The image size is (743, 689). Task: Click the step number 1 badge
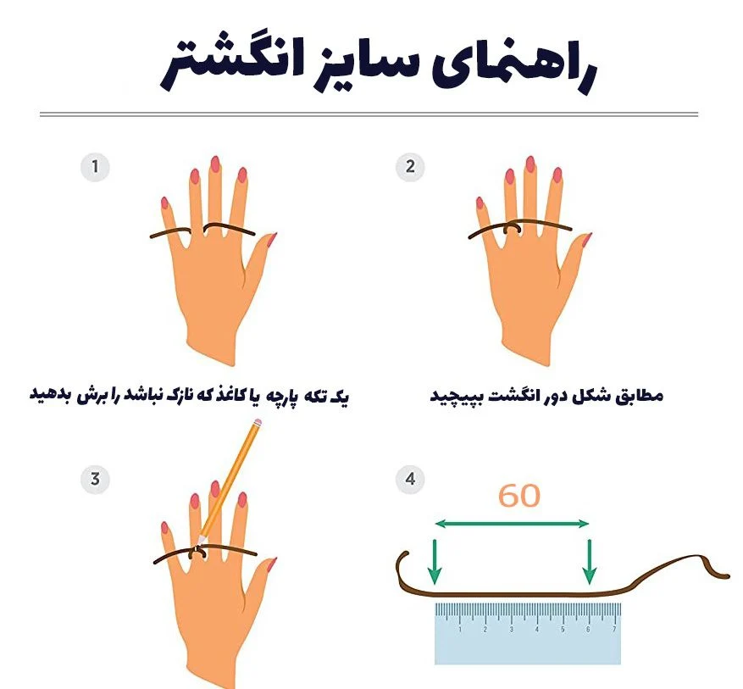pyautogui.click(x=95, y=167)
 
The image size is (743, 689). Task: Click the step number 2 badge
pyautogui.click(x=410, y=166)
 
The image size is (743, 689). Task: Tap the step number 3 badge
pyautogui.click(x=95, y=479)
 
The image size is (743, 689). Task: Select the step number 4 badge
pyautogui.click(x=410, y=479)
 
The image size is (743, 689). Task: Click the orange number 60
pyautogui.click(x=518, y=496)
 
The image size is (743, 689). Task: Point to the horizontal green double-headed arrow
pyautogui.click(x=512, y=524)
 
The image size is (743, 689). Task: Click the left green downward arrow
pyautogui.click(x=434, y=562)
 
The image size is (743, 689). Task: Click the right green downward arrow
pyautogui.click(x=590, y=562)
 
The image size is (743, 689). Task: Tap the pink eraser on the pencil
pyautogui.click(x=258, y=422)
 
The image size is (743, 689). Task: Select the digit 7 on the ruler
pyautogui.click(x=614, y=630)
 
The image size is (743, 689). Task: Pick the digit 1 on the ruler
pyautogui.click(x=460, y=630)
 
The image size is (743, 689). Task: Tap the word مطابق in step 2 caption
pyautogui.click(x=640, y=396)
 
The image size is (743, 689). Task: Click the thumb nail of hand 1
pyautogui.click(x=271, y=239)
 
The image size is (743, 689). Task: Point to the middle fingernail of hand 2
pyautogui.click(x=530, y=164)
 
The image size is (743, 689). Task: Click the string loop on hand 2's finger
pyautogui.click(x=512, y=228)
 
